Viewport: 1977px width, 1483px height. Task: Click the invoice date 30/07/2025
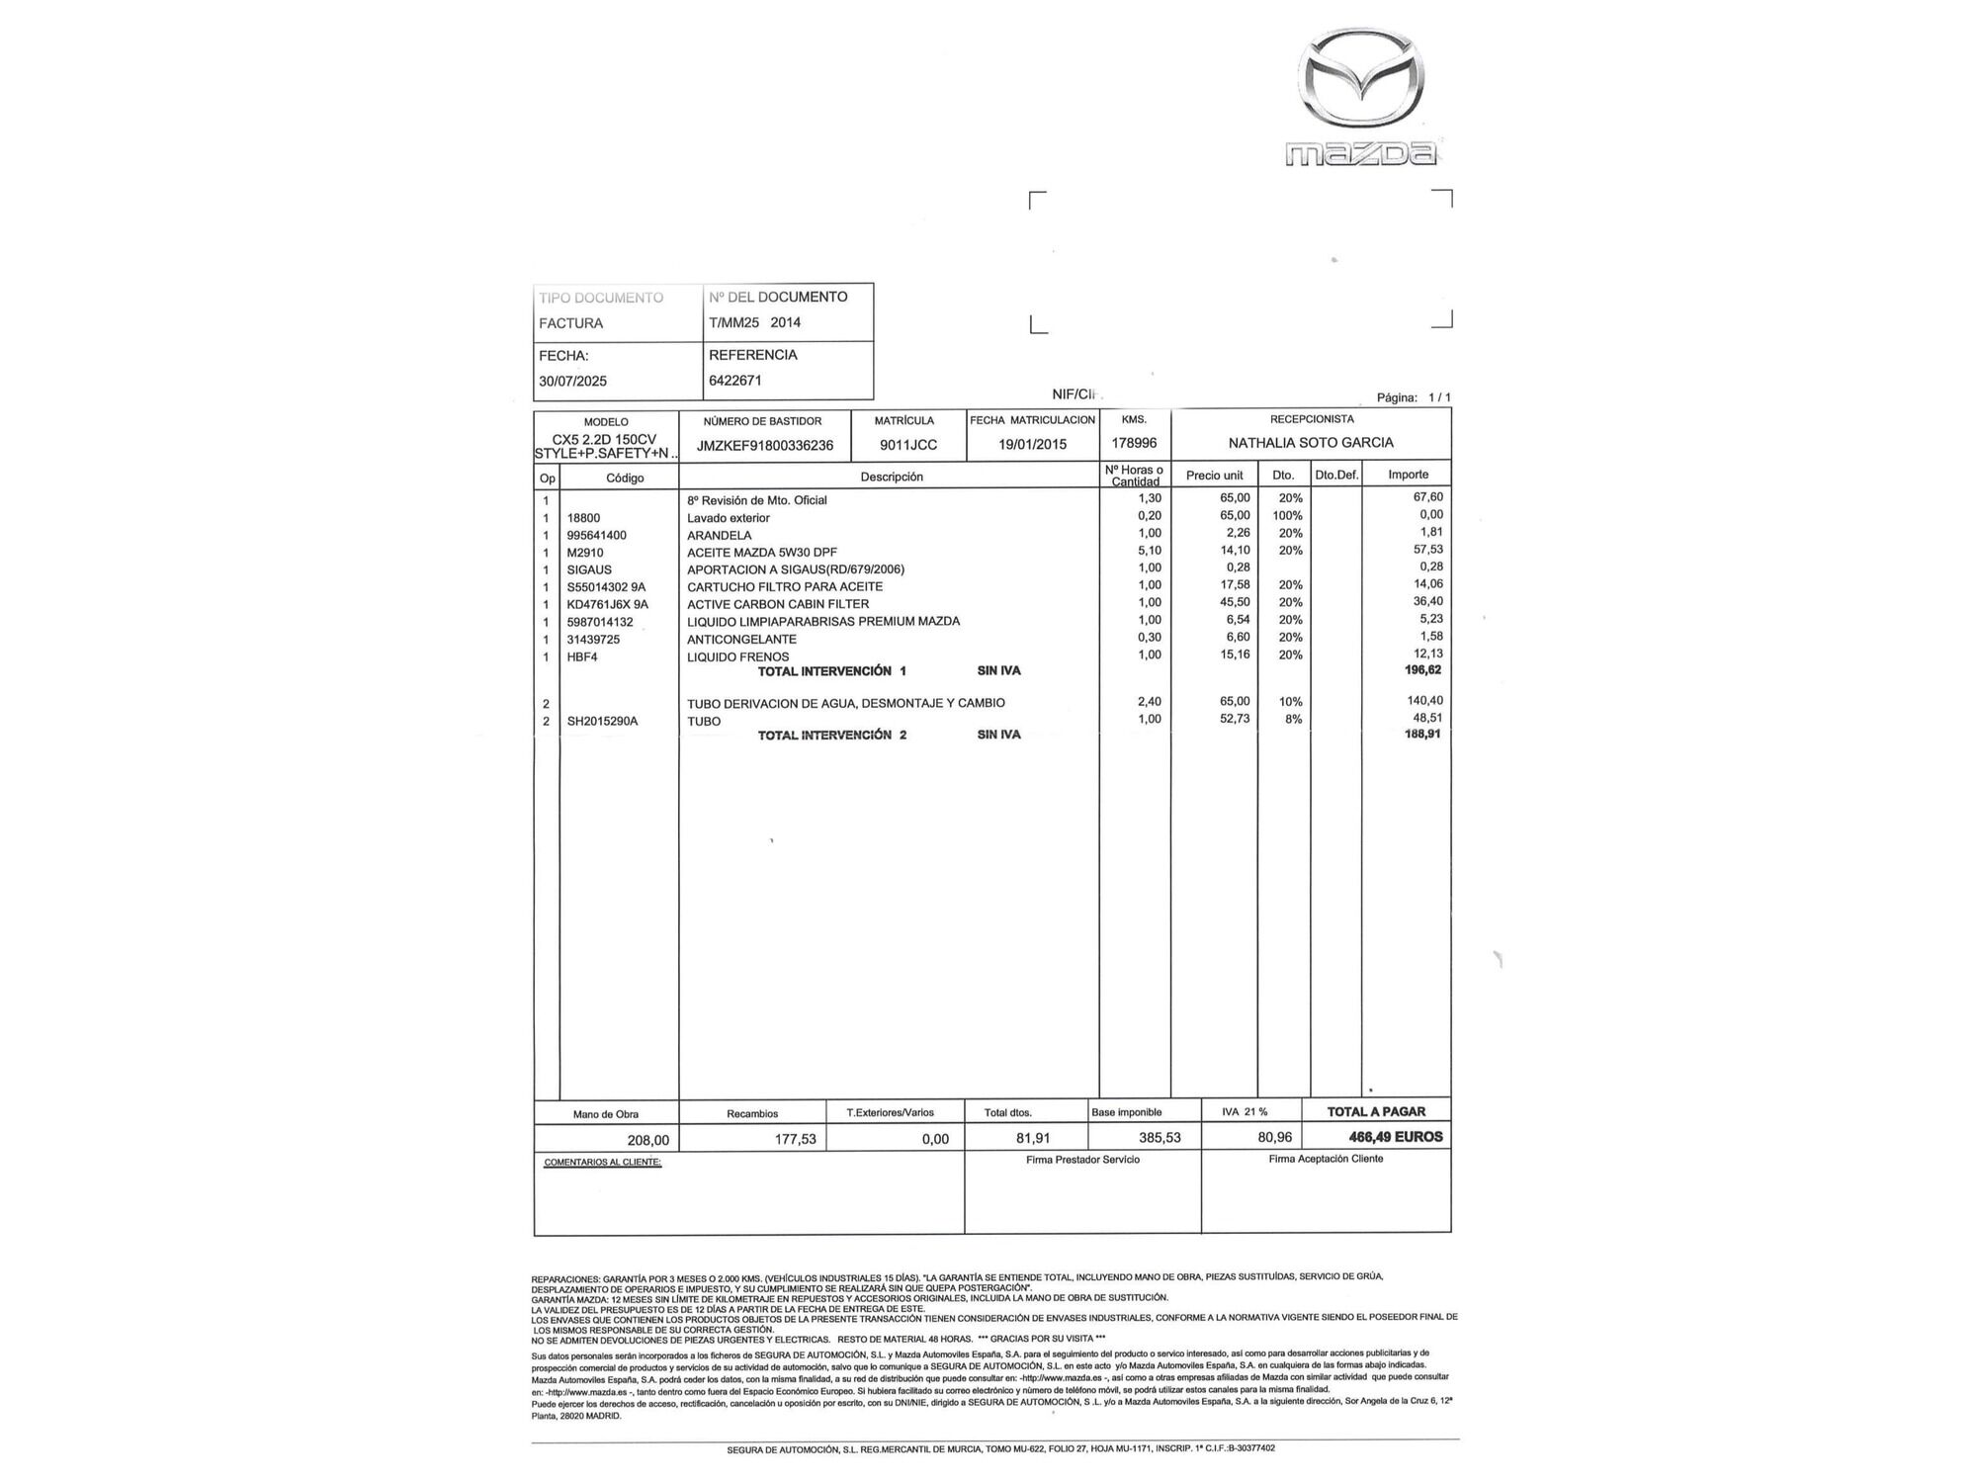[573, 382]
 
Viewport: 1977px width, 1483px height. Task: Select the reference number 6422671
[735, 381]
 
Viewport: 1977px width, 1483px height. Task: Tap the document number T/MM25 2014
[755, 322]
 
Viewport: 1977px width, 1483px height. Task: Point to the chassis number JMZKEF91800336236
[765, 446]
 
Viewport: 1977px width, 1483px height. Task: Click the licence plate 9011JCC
[908, 445]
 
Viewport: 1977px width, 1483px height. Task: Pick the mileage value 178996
[1134, 444]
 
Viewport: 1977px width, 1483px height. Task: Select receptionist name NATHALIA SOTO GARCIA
[1311, 443]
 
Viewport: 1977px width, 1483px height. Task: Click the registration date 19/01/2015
[1032, 445]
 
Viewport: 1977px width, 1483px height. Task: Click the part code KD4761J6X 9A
[608, 604]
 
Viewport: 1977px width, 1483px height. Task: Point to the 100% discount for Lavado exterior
[1288, 516]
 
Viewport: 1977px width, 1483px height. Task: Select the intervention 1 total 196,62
[1423, 670]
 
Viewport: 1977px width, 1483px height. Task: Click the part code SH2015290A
[603, 722]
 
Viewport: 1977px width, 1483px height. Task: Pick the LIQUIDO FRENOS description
[738, 657]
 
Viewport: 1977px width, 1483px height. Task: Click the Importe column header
[1408, 476]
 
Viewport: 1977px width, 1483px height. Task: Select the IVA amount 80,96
[1274, 1138]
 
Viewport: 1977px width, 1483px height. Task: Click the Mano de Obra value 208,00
[648, 1141]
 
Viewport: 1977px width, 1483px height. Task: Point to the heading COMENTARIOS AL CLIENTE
[602, 1163]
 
